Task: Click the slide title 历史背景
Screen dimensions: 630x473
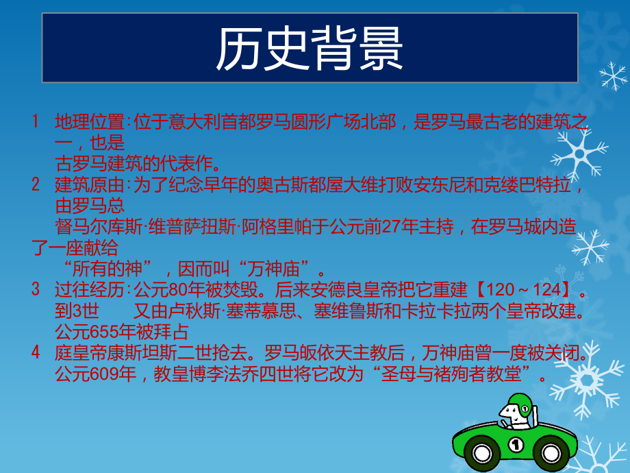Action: [x=310, y=49]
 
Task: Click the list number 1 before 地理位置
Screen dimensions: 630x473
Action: [x=36, y=121]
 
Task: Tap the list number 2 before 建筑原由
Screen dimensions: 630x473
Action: [x=36, y=184]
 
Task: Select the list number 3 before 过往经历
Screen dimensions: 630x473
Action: [x=36, y=289]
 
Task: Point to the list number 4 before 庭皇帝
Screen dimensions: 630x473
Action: [x=36, y=352]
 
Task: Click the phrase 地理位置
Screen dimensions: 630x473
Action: [x=90, y=121]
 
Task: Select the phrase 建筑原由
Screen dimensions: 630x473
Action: [x=90, y=184]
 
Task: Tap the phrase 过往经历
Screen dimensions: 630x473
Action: [x=90, y=289]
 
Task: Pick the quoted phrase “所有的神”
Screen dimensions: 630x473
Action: [x=108, y=268]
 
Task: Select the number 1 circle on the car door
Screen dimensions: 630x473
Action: [x=516, y=444]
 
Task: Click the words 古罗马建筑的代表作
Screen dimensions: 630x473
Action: [x=134, y=164]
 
